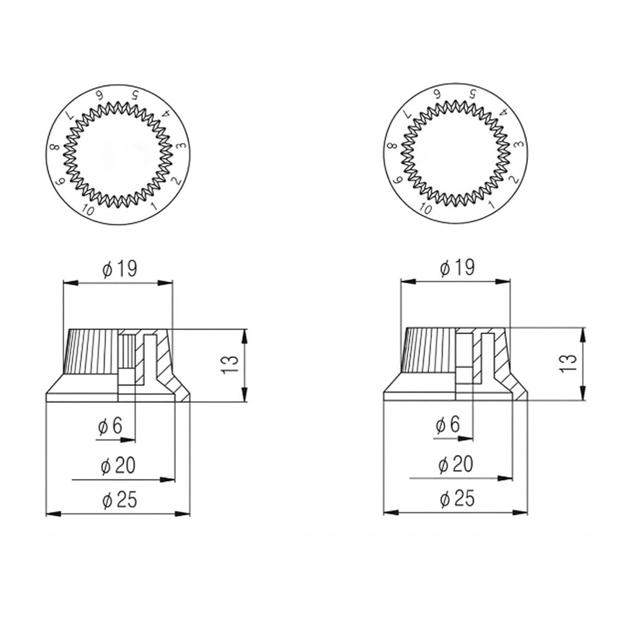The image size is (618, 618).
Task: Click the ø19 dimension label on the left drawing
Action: (x=119, y=269)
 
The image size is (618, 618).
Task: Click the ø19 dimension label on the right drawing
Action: (x=457, y=268)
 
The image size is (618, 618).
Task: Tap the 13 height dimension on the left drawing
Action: (x=230, y=365)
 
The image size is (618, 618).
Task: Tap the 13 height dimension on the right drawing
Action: (x=568, y=363)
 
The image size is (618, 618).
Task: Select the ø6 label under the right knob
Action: (x=448, y=425)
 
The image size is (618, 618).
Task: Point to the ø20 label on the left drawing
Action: (x=118, y=466)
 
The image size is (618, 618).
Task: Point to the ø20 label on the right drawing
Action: (x=456, y=464)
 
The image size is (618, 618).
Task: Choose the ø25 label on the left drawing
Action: (x=119, y=501)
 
